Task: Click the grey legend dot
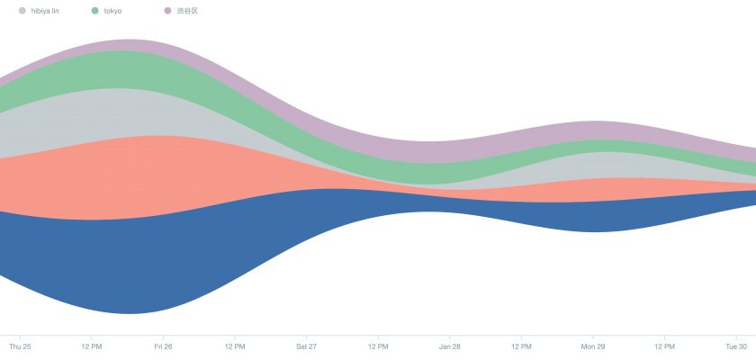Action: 22,11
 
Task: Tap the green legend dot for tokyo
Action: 95,11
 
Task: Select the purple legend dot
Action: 167,11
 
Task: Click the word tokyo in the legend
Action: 113,11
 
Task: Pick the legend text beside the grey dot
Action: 45,11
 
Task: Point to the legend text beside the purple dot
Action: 187,11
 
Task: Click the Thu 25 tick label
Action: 20,346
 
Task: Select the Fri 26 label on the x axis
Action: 163,346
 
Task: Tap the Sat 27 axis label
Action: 306,346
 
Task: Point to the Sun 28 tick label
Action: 450,346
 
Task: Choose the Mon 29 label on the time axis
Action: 593,346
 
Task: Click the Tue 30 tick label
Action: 736,346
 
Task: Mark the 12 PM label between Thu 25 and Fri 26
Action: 91,346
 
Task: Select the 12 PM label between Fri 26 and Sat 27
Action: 235,346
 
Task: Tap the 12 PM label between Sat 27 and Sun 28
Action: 378,346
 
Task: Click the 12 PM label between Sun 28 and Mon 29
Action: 521,346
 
